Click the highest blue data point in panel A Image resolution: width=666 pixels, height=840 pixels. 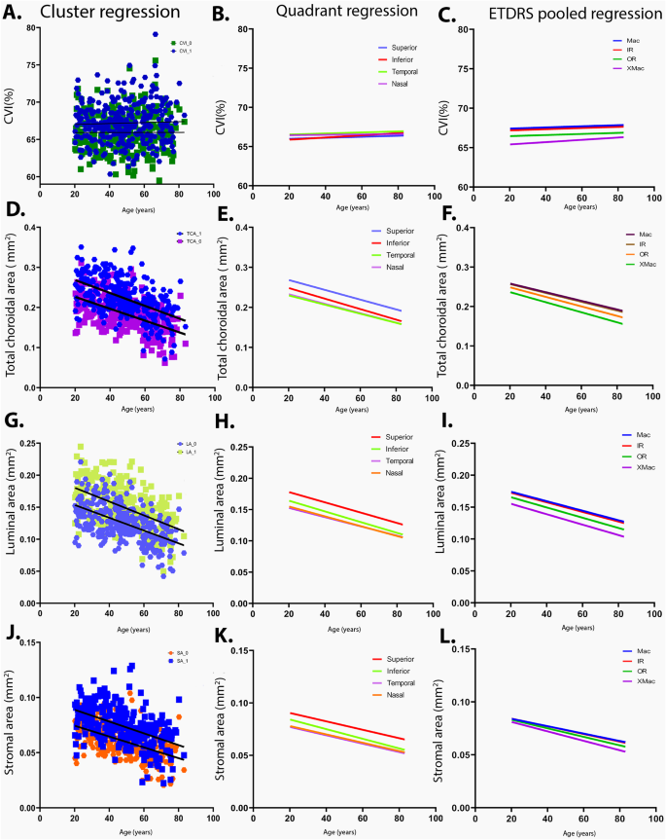[x=155, y=34]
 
